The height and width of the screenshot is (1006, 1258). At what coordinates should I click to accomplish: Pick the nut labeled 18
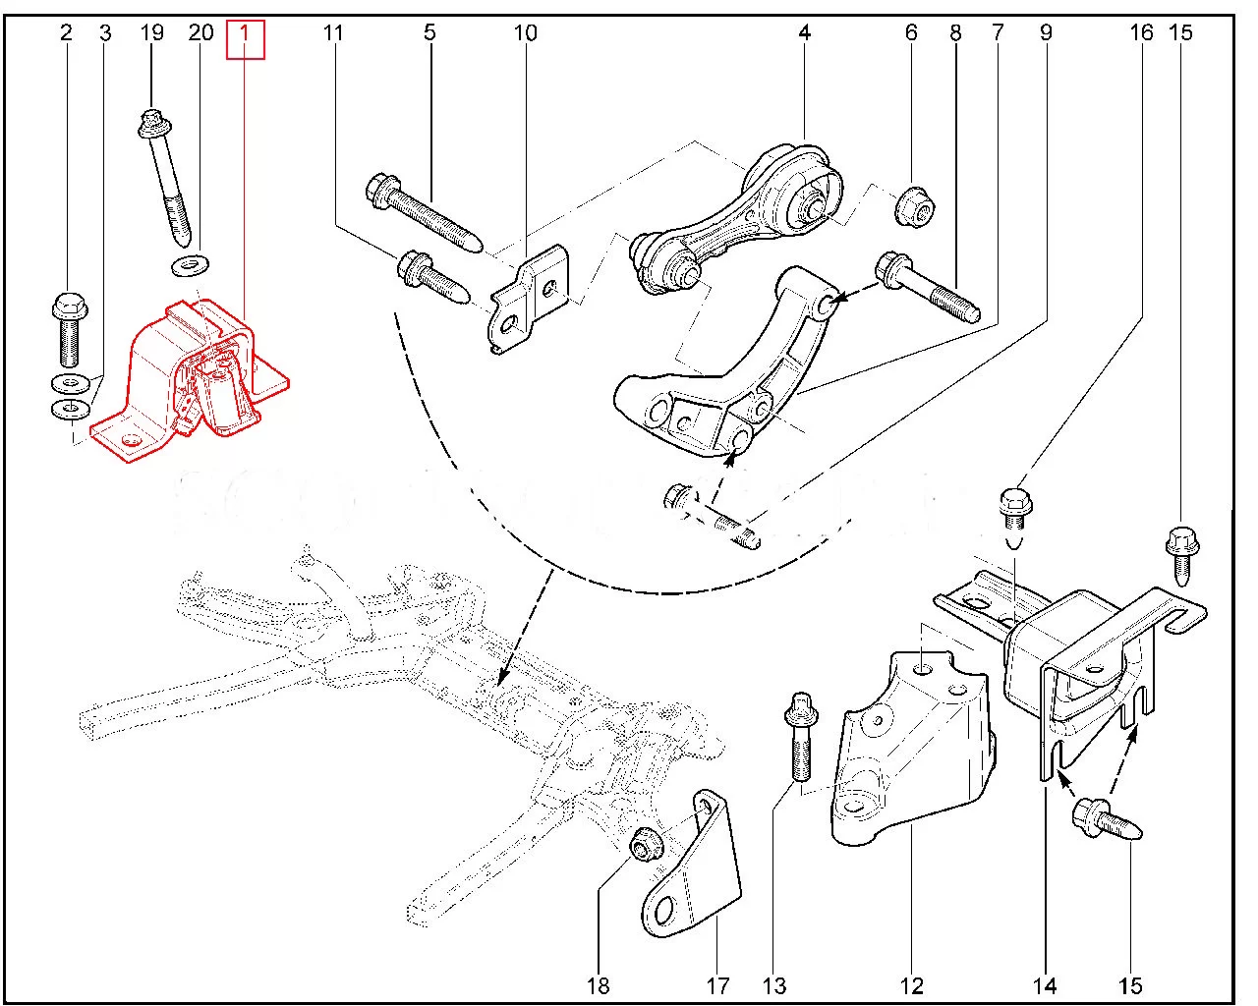(x=645, y=843)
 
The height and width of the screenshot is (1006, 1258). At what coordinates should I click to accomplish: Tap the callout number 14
(x=1045, y=985)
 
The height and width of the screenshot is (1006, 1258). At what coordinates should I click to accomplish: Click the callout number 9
(x=1045, y=33)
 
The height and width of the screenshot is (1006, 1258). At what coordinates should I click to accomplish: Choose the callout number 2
(x=66, y=33)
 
